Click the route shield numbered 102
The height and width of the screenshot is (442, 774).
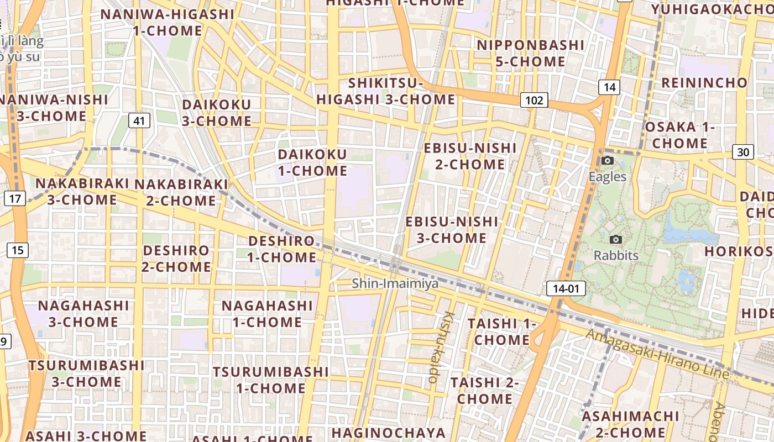(534, 101)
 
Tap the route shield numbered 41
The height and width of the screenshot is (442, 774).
(140, 120)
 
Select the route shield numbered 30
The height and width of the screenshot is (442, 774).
(744, 152)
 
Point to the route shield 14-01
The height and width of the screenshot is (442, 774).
(566, 288)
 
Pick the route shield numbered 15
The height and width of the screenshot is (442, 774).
(17, 250)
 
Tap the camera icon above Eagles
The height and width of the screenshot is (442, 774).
(608, 161)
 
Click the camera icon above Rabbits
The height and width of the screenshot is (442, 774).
(615, 240)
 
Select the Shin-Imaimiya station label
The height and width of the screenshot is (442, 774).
(395, 283)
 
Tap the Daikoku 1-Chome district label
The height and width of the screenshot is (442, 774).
(312, 162)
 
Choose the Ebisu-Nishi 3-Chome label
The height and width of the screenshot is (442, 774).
(452, 230)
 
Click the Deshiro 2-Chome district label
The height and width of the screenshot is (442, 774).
(176, 259)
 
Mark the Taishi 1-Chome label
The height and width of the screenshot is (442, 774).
(502, 331)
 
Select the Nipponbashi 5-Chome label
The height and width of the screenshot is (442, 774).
(530, 53)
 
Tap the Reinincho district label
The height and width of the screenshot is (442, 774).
(704, 83)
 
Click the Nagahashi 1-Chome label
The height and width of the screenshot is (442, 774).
(267, 314)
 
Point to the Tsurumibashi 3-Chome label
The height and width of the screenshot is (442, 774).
(87, 373)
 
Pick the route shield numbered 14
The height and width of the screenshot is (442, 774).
(609, 87)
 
